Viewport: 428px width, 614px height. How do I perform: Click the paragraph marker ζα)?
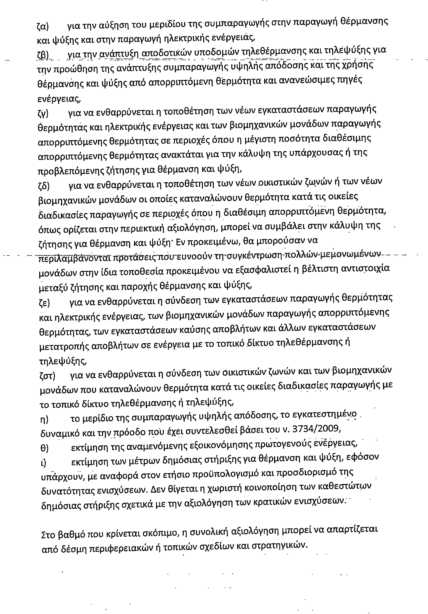43,27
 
